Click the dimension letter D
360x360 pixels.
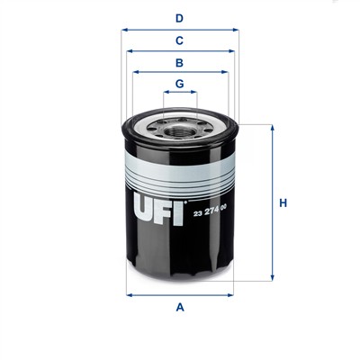pyautogui.click(x=179, y=17)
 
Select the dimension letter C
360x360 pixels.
pyautogui.click(x=179, y=40)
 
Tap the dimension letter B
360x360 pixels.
pyautogui.click(x=179, y=63)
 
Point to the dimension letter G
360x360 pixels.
pyautogui.click(x=179, y=84)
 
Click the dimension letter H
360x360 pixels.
pyautogui.click(x=282, y=203)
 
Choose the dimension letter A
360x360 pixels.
pyautogui.click(x=179, y=309)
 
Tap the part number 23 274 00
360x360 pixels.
pyautogui.click(x=210, y=213)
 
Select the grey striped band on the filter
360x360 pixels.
pyautogui.click(x=180, y=169)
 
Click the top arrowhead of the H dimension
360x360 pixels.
pyautogui.click(x=271, y=127)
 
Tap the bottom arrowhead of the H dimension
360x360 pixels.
pyautogui.click(x=271, y=279)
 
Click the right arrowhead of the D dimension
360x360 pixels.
pyautogui.click(x=236, y=29)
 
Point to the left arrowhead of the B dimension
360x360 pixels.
pyautogui.click(x=135, y=72)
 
